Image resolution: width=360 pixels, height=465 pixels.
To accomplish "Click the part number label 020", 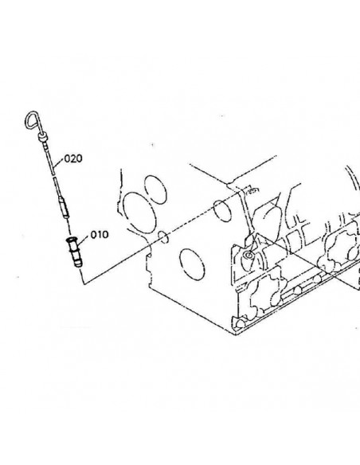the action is pyautogui.click(x=73, y=158).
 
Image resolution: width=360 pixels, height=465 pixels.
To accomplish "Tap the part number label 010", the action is pyautogui.click(x=100, y=235).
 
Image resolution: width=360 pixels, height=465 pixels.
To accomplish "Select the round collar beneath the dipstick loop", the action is pyautogui.click(x=42, y=137).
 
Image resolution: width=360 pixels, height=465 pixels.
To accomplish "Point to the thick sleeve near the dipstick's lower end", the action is pyautogui.click(x=64, y=207).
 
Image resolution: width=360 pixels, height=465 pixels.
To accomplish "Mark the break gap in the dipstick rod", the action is pyautogui.click(x=53, y=176).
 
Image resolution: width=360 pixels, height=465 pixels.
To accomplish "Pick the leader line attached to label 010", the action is pyautogui.click(x=84, y=240).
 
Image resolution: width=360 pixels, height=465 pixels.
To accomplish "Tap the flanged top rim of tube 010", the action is pyautogui.click(x=71, y=239).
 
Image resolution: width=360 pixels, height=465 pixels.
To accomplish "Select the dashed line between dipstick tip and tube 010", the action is pyautogui.click(x=68, y=227).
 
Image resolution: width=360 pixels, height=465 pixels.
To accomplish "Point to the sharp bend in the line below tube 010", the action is pyautogui.click(x=84, y=283).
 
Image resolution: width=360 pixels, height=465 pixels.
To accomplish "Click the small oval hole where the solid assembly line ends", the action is pyautogui.click(x=164, y=236).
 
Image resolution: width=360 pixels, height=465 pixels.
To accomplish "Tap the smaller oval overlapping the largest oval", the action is pyautogui.click(x=155, y=190).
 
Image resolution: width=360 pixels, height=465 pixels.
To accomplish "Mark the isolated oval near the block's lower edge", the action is pyautogui.click(x=192, y=264).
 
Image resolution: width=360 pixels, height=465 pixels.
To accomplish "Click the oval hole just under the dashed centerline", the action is pyautogui.click(x=222, y=211).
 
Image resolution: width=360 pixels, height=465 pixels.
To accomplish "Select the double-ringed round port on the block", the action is pyautogui.click(x=248, y=255).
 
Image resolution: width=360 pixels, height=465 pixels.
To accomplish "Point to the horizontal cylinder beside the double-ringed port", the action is pyautogui.click(x=272, y=253).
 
